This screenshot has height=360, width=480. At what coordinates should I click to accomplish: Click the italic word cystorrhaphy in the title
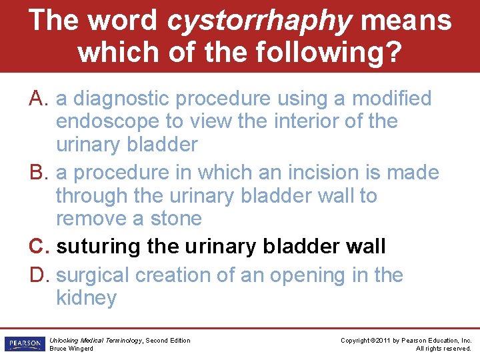(x=259, y=21)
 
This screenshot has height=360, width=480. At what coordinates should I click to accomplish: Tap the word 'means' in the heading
(x=405, y=21)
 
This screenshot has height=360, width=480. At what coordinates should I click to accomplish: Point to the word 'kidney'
(x=86, y=298)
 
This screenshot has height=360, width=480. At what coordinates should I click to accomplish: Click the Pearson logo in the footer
(x=23, y=344)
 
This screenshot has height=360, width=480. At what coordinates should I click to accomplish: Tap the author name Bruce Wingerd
(x=71, y=349)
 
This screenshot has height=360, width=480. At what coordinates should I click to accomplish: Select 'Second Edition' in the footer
(x=167, y=341)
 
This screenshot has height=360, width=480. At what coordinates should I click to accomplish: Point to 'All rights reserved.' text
(x=443, y=349)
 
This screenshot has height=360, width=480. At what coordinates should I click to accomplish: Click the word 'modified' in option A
(x=391, y=99)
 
